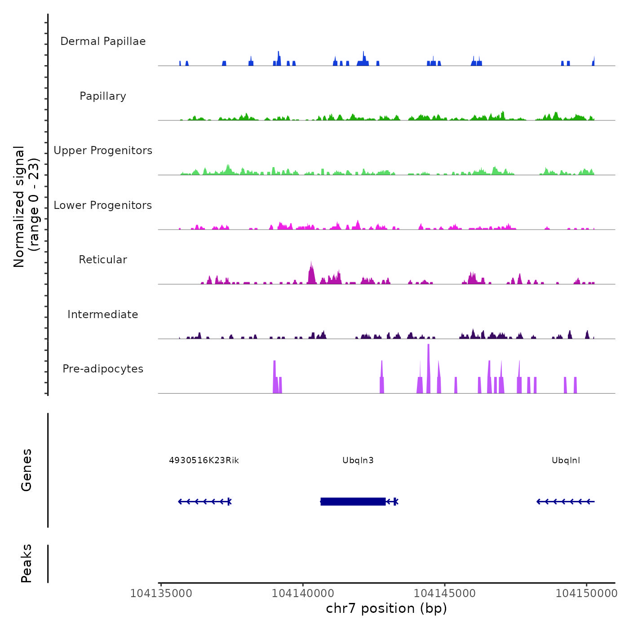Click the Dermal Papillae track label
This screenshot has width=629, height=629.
(103, 41)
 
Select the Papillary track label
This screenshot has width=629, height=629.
(103, 96)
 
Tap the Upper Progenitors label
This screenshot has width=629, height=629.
(103, 151)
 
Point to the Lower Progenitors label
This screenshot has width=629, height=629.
(103, 205)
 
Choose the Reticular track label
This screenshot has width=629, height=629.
(103, 260)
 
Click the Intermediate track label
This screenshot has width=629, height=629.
(103, 314)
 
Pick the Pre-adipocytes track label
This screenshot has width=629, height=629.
(103, 369)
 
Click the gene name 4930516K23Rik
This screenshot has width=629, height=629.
(204, 461)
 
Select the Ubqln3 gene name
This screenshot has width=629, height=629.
(358, 461)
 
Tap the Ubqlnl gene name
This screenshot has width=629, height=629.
(566, 461)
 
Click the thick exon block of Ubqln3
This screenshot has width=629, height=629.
(353, 501)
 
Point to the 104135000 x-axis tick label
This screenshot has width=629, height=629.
(161, 594)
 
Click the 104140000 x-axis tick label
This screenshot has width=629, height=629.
(303, 594)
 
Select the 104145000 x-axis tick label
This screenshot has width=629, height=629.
(445, 594)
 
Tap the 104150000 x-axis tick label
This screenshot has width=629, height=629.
(586, 594)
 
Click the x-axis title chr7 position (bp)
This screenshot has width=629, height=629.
(386, 608)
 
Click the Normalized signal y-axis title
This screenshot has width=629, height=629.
(26, 206)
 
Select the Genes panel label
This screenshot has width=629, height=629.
(27, 470)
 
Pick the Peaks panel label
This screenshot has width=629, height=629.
(27, 563)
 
